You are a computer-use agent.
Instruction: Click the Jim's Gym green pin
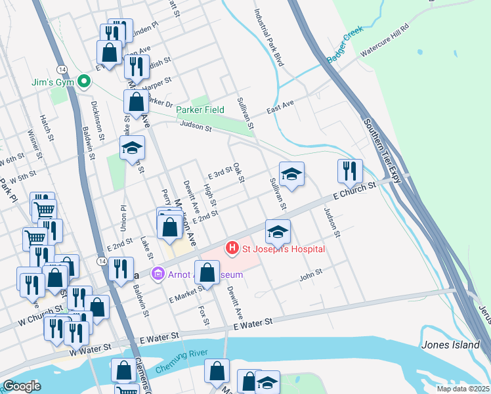pyautogui.click(x=83, y=83)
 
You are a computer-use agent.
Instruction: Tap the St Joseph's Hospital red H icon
pyautogui.click(x=232, y=249)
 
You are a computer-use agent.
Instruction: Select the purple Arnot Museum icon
pyautogui.click(x=158, y=273)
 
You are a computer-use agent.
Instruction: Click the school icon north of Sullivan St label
pyautogui.click(x=291, y=173)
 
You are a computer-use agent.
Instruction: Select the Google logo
pyautogui.click(x=22, y=386)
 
